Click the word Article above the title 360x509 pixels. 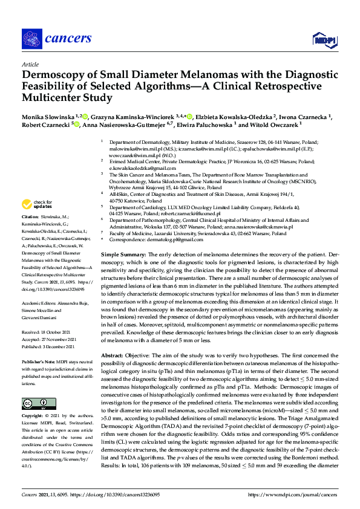[30, 64]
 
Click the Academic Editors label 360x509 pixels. [41, 305]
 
